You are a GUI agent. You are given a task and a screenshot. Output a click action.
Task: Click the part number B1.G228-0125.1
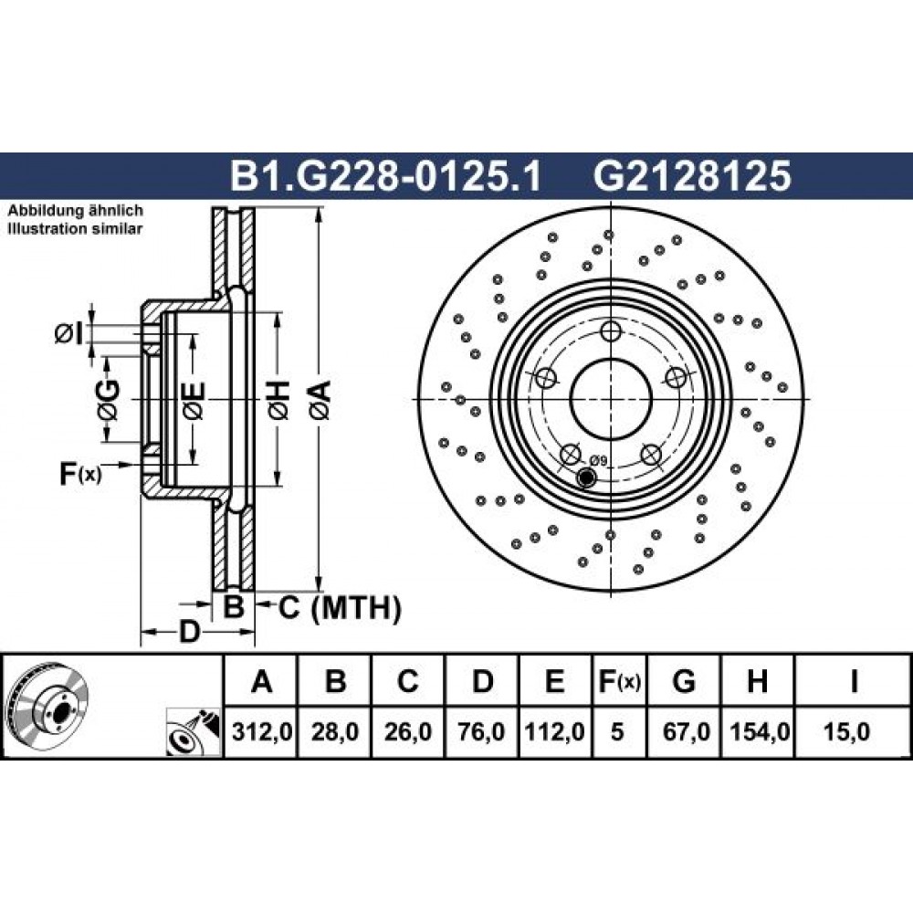[385, 176]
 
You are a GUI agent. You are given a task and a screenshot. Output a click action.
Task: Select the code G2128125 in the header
[692, 176]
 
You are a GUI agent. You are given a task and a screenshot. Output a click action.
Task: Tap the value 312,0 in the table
[261, 731]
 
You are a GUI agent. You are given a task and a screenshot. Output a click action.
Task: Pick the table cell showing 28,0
[335, 731]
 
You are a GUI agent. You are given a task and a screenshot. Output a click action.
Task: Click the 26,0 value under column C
[408, 731]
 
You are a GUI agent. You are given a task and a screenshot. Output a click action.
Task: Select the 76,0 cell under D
[481, 731]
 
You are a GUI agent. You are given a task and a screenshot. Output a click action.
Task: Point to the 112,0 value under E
[555, 731]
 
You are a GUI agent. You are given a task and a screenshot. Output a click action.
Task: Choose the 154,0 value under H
[759, 731]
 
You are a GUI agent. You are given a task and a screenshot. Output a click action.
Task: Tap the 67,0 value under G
[686, 731]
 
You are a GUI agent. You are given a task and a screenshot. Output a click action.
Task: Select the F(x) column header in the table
[620, 681]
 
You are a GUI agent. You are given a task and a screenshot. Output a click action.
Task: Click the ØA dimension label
[320, 400]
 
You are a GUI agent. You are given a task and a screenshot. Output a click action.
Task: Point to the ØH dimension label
[278, 400]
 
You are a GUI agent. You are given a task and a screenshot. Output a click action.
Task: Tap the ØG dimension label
[109, 400]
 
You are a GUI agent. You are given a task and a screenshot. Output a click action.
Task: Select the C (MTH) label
[340, 608]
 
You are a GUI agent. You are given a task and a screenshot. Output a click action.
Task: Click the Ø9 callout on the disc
[598, 461]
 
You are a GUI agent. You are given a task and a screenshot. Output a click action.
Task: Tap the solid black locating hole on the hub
[585, 477]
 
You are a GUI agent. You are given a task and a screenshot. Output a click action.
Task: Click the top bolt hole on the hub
[611, 332]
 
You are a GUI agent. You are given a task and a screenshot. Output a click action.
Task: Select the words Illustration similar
[75, 229]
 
